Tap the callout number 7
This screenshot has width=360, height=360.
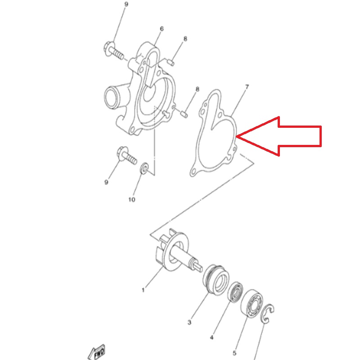pos(247,87)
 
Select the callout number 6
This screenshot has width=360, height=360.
pos(162,29)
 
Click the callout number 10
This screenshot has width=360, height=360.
pos(131,199)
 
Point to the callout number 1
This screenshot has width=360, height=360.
pos(143,290)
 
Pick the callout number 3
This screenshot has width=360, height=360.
pos(189,322)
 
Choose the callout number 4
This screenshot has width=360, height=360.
pos(211,337)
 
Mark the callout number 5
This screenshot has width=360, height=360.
pos(234,353)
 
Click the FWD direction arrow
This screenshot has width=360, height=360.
pos(97,352)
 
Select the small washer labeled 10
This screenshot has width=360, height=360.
pos(144,168)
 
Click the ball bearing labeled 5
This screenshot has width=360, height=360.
pos(252,303)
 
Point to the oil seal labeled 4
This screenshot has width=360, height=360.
pos(235,292)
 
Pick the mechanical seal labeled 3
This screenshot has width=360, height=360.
pos(216,279)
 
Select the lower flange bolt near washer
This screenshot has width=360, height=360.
pos(126,155)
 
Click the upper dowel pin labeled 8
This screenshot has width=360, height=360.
pos(171,62)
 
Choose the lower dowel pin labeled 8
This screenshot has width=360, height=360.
pos(184,114)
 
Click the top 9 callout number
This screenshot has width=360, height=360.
pos(126,4)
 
